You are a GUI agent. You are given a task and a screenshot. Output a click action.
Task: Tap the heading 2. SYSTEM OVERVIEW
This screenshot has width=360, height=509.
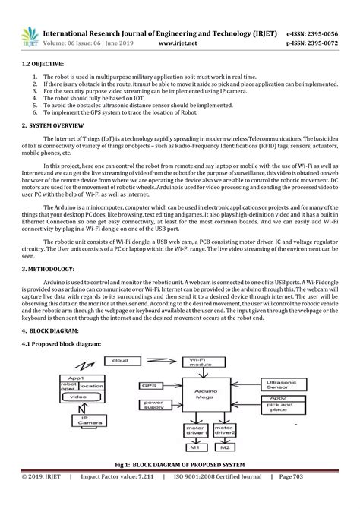(52, 125)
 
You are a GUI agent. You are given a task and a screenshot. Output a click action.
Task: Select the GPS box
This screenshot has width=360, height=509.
(147, 385)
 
